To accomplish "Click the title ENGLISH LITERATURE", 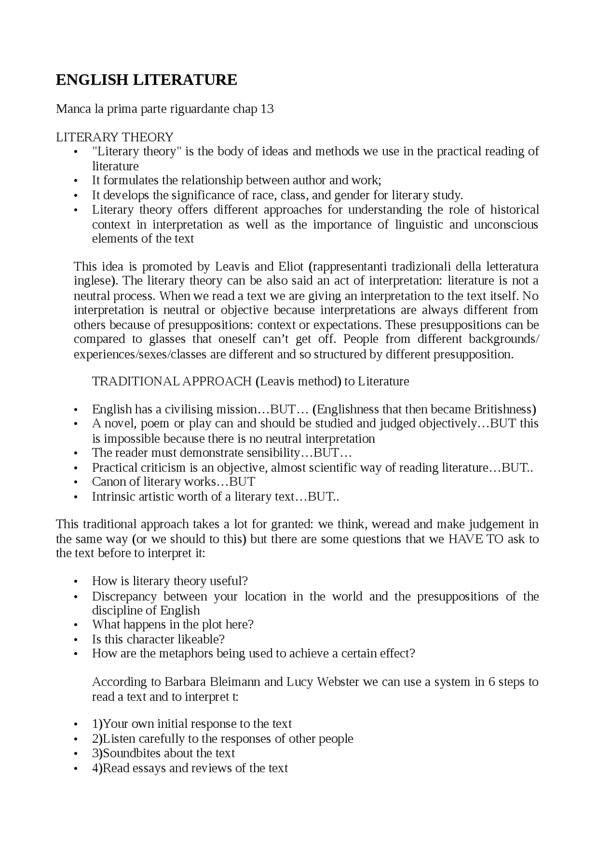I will tap(146, 80).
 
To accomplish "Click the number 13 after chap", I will tap(267, 109).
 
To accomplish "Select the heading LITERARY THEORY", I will tap(114, 137).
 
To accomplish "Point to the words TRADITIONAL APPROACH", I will tap(172, 381).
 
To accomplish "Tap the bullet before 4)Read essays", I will tap(76, 768).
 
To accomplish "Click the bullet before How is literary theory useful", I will tap(76, 582).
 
